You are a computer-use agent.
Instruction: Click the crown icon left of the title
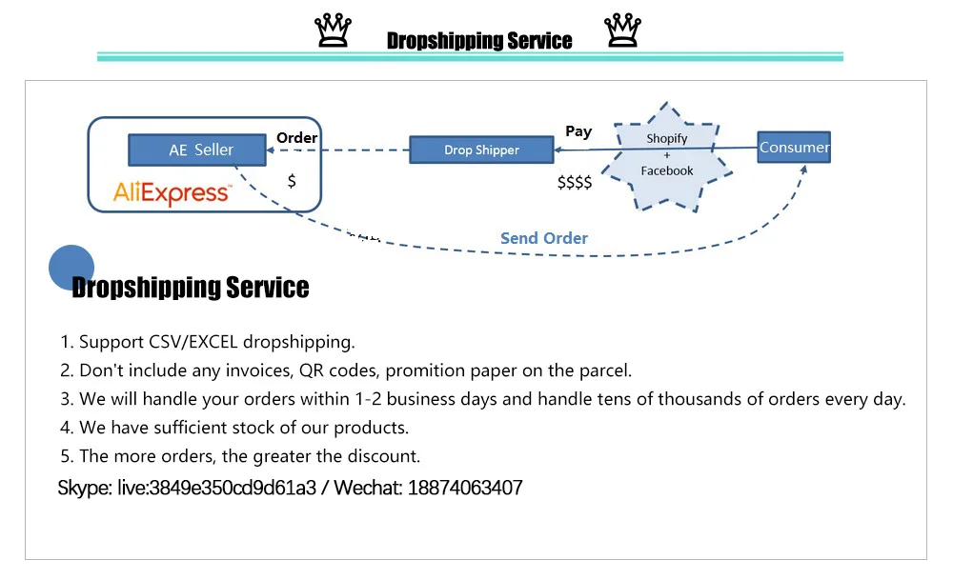click(x=332, y=30)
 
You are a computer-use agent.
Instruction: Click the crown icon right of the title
click(x=623, y=30)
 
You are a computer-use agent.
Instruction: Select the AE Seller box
click(x=201, y=150)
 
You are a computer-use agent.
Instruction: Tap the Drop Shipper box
click(x=481, y=150)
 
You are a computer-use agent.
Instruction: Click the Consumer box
click(x=794, y=147)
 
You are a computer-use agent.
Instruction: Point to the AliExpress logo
click(x=172, y=193)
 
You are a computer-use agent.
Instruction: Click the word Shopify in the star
click(x=666, y=138)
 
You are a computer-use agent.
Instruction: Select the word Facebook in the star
click(x=667, y=170)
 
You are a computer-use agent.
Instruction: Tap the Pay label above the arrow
click(x=578, y=131)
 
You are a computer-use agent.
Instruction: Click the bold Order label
click(x=296, y=137)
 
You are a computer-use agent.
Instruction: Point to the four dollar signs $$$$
click(x=575, y=182)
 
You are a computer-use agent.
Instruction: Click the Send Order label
click(x=544, y=238)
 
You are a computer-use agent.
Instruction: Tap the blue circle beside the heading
click(x=71, y=268)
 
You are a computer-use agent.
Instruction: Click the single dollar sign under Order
click(x=292, y=180)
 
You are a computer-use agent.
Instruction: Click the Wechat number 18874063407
click(x=465, y=489)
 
